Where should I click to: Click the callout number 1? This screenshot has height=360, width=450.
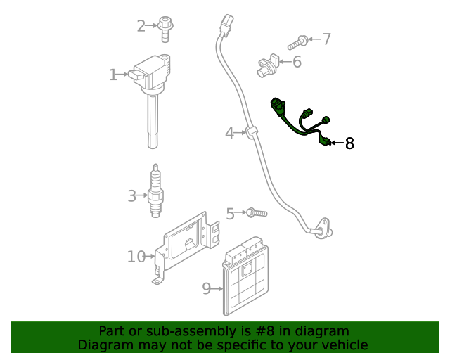113,75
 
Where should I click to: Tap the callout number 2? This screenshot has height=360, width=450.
141,26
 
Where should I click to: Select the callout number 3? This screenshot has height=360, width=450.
131,195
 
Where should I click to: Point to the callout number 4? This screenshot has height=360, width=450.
229,132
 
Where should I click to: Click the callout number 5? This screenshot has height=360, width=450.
230,214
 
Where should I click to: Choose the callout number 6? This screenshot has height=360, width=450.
297,62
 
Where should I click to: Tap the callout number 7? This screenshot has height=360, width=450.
326,39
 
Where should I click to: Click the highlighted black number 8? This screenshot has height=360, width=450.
349,143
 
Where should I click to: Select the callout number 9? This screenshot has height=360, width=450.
207,288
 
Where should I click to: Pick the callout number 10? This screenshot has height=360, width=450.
136,257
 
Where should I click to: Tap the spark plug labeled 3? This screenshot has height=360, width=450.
156,191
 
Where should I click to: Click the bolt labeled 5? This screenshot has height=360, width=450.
256,211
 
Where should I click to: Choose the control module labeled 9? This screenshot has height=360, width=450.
245,279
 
